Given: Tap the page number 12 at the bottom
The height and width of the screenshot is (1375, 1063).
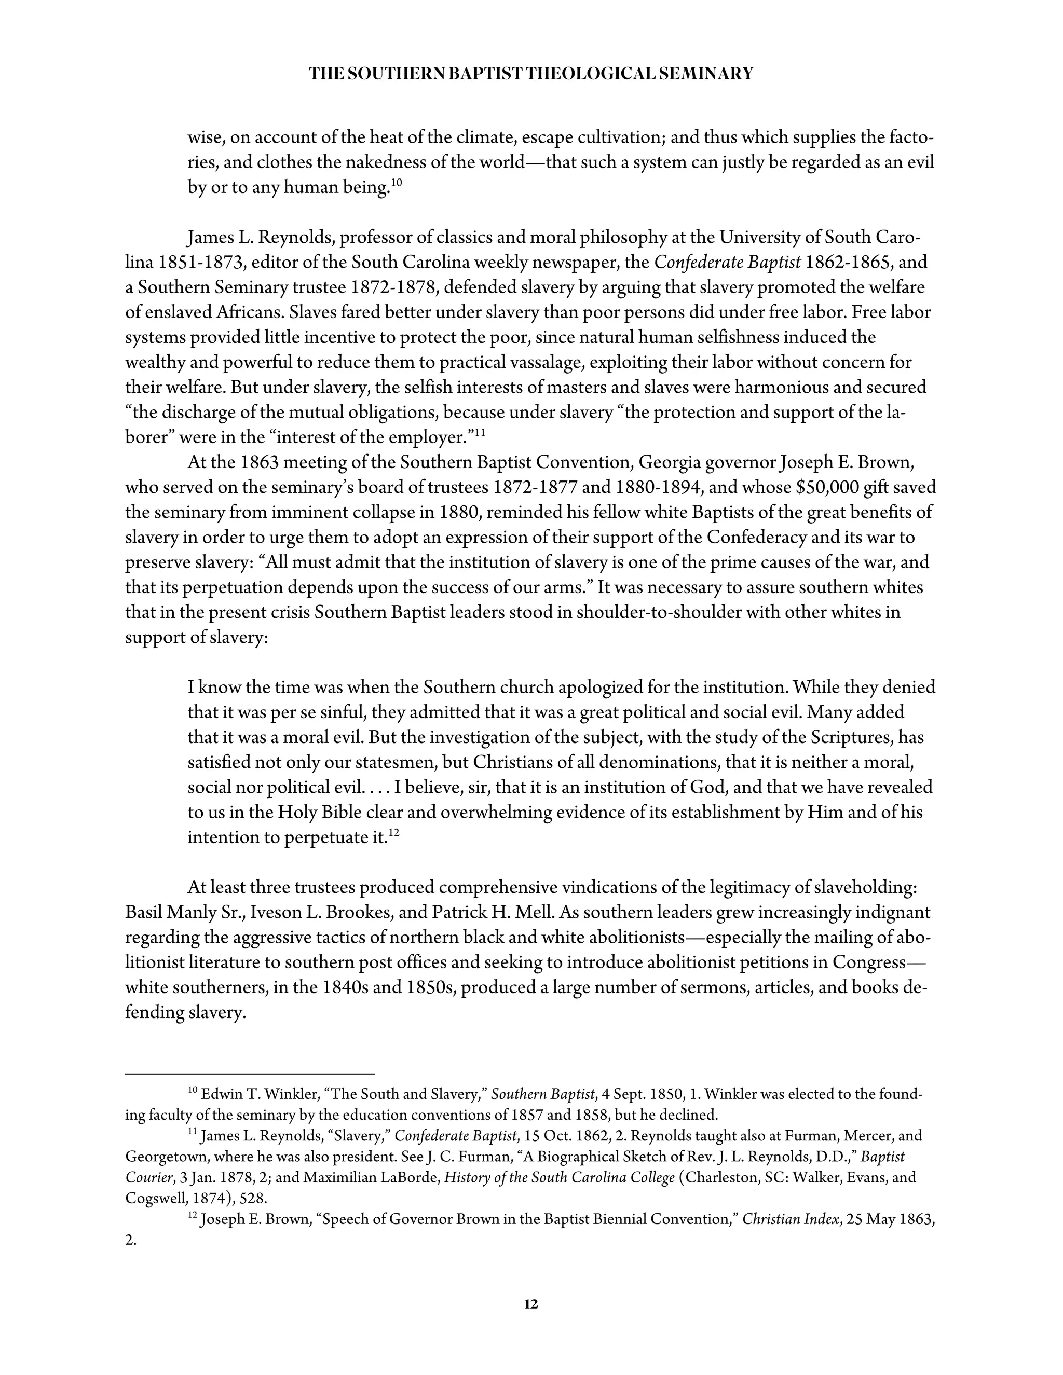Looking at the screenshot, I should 531,1304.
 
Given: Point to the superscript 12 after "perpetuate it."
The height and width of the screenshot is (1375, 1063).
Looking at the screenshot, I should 394,832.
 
